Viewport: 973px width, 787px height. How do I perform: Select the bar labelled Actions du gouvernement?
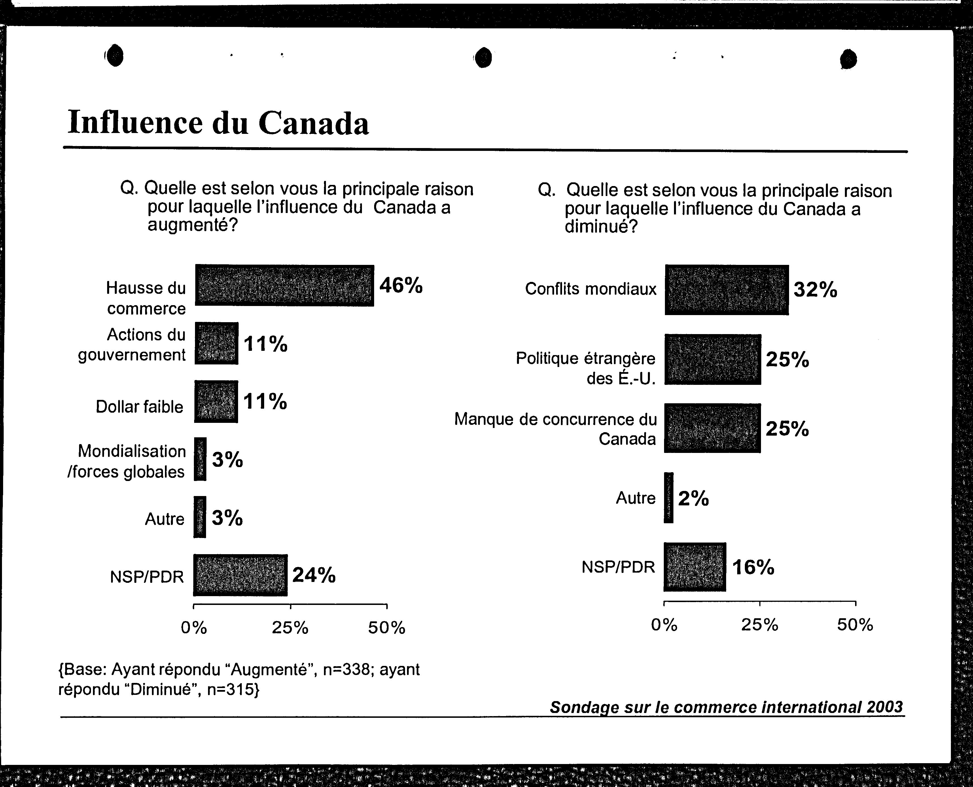pos(217,343)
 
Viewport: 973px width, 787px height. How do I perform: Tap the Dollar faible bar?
pos(216,402)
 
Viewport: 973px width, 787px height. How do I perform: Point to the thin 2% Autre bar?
pos(669,498)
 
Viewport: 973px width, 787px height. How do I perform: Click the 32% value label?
pos(815,289)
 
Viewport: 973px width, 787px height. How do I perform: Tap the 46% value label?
pos(401,285)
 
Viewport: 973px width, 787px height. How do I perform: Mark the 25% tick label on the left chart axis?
pos(290,628)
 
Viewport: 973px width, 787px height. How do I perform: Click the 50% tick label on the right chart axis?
pos(855,625)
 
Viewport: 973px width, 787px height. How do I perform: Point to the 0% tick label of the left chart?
pos(194,628)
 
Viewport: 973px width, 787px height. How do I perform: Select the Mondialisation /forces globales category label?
pos(127,461)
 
